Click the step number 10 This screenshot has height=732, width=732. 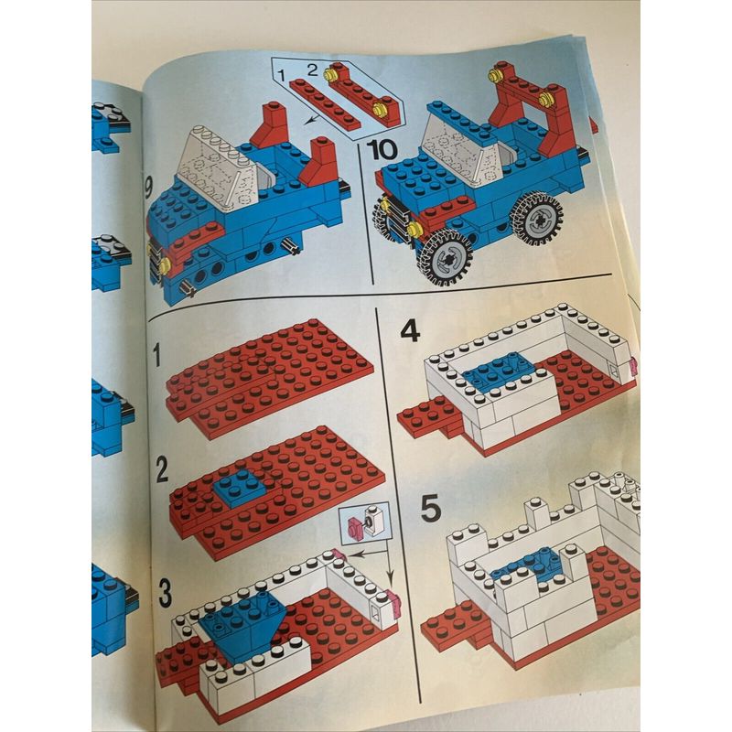382,149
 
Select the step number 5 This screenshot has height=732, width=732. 430,509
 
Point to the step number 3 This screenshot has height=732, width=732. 165,592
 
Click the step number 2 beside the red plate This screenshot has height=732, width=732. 162,470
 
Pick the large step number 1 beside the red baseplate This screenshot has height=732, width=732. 156,356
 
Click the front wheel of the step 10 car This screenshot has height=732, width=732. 445,258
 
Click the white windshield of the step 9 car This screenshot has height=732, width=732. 220,167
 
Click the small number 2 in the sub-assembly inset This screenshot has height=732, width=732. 312,70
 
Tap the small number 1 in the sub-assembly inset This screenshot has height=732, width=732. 281,75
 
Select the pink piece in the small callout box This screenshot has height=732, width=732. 355,527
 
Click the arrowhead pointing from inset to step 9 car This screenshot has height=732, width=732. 308,122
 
